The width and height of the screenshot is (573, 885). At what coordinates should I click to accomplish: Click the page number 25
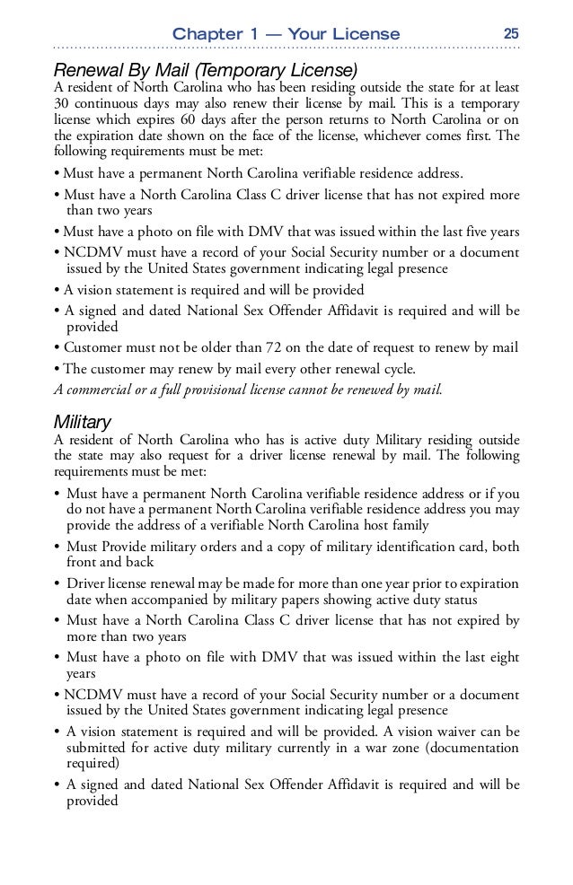click(x=511, y=33)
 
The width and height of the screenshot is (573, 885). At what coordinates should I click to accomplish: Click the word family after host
click(x=406, y=525)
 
